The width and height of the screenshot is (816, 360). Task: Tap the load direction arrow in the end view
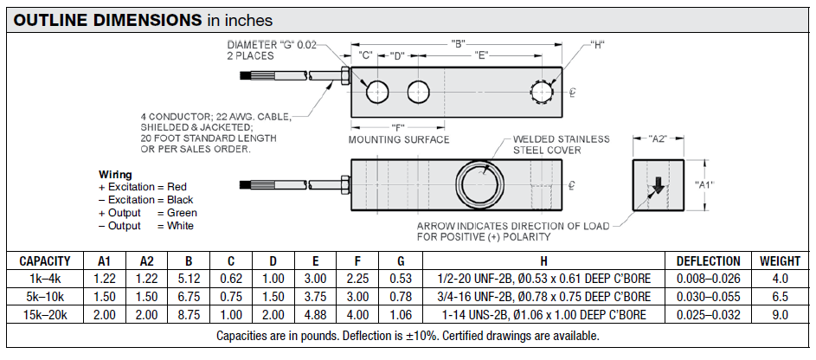tap(659, 185)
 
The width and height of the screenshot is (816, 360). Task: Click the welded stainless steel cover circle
tap(478, 184)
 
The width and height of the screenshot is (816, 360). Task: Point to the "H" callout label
tap(598, 43)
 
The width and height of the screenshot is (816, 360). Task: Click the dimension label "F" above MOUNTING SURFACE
tap(398, 126)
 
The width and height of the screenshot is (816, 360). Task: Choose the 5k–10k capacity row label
tap(45, 296)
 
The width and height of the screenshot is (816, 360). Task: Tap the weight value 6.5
tap(780, 296)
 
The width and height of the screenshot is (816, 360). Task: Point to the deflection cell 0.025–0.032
tap(708, 313)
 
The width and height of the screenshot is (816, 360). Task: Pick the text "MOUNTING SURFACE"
tap(398, 139)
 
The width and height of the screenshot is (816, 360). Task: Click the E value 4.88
tap(314, 313)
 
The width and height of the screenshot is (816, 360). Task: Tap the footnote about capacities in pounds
tap(408, 336)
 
